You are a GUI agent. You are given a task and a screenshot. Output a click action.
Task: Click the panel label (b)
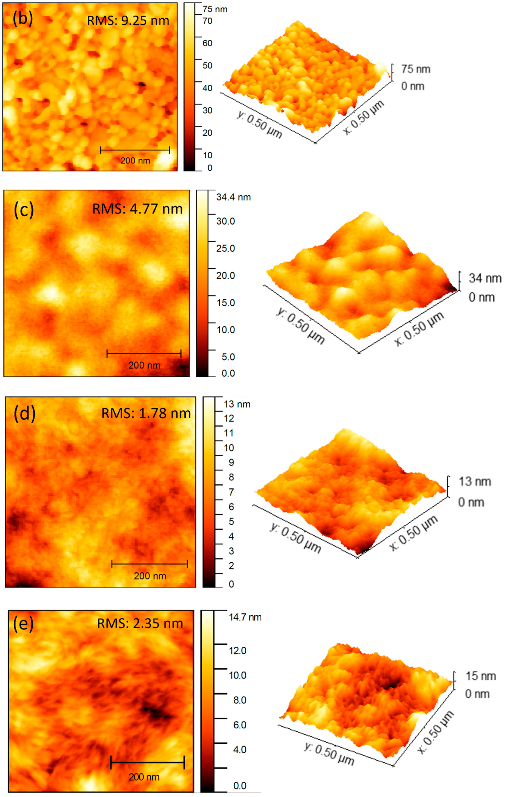tap(22, 18)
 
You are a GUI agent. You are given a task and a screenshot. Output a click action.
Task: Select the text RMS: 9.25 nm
tap(128, 21)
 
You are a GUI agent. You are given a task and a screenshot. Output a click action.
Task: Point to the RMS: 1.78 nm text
tap(146, 413)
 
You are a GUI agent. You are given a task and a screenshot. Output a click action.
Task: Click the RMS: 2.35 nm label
tap(140, 623)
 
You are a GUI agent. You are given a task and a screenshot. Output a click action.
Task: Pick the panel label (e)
tap(23, 623)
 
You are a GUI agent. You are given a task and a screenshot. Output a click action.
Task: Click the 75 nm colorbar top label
tap(215, 9)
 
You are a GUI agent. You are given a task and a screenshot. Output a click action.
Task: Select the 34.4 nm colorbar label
tap(233, 197)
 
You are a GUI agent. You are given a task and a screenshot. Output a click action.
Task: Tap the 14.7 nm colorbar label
tap(245, 617)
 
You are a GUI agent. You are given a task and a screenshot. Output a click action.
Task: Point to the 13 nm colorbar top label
tap(237, 404)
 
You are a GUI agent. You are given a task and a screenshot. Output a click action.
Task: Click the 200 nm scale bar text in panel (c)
tap(144, 365)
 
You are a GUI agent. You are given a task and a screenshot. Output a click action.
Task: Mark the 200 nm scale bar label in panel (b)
tap(135, 161)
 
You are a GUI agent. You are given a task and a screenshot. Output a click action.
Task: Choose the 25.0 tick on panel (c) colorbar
tap(225, 248)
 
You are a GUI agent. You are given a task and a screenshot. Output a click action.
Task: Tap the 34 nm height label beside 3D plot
tap(485, 278)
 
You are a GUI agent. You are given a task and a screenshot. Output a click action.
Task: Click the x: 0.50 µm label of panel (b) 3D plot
tap(364, 117)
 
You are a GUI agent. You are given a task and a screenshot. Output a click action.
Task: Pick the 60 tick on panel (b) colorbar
tap(207, 43)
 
